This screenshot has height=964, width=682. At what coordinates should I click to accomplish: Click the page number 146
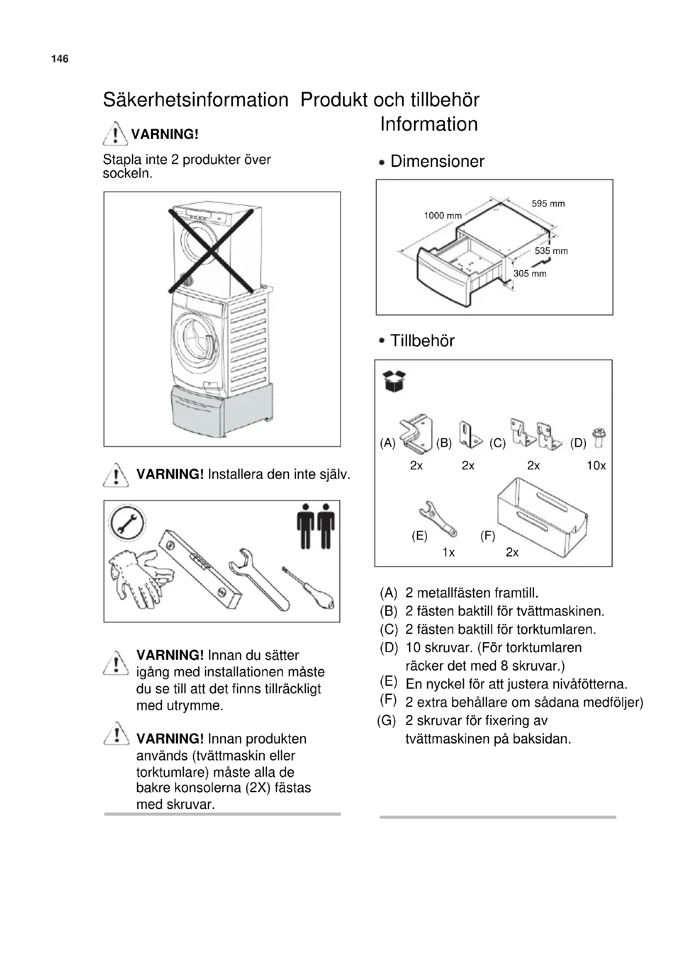(x=60, y=59)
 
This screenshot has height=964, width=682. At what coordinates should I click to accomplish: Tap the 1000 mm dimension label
(x=442, y=216)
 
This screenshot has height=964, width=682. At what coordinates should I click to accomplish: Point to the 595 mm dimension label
(x=548, y=204)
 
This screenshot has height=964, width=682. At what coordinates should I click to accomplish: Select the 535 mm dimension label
(x=551, y=251)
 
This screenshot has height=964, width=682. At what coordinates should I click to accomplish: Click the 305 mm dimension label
(x=530, y=274)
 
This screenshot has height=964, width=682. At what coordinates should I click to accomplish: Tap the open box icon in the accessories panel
(x=394, y=381)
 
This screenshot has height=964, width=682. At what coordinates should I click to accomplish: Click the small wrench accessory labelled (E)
(x=437, y=519)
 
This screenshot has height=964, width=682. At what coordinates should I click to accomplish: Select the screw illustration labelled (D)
(x=599, y=438)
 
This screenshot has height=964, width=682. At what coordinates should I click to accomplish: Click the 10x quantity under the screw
(x=596, y=466)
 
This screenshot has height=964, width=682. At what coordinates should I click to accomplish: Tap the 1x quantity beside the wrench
(x=449, y=553)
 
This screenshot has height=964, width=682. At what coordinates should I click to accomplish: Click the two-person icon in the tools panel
(x=316, y=526)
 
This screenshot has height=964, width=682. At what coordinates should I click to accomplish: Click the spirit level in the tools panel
(x=200, y=568)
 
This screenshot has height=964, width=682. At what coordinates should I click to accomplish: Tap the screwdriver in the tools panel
(x=308, y=589)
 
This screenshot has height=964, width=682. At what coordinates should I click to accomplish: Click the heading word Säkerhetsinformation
(x=196, y=100)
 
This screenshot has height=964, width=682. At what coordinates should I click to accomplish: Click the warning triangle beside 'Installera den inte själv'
(x=116, y=475)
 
